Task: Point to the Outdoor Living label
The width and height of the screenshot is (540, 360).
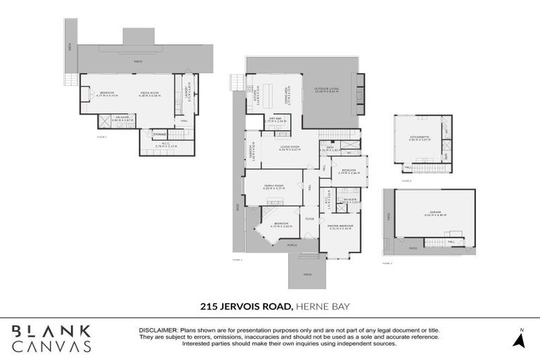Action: point(326,90)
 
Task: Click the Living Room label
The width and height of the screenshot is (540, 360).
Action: point(290,148)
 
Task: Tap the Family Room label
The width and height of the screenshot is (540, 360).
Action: point(273,186)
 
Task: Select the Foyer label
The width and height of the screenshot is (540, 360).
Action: point(309,219)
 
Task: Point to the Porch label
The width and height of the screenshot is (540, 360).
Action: point(292,245)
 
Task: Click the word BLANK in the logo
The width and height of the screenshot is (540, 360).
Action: point(51,331)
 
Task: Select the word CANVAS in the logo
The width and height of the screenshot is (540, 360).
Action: point(51,347)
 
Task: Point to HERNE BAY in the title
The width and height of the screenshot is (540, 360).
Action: point(320,306)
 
